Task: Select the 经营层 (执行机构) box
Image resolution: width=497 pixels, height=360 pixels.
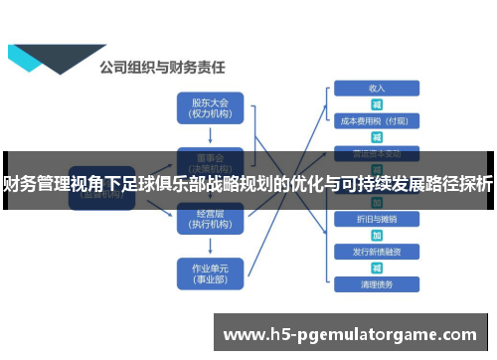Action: tap(209, 220)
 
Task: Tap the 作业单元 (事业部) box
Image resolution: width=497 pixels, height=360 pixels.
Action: tap(209, 271)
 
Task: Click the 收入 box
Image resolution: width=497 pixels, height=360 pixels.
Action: tap(377, 89)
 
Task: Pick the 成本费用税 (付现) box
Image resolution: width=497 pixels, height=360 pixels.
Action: tap(377, 120)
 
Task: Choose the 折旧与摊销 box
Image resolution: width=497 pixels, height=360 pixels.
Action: tap(377, 218)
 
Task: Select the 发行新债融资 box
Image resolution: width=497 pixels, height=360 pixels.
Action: tap(377, 251)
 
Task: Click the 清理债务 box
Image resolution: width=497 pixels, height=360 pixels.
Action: tap(377, 283)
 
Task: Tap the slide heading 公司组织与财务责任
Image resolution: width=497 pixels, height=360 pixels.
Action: tap(161, 68)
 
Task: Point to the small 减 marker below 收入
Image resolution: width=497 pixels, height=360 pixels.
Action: tap(377, 104)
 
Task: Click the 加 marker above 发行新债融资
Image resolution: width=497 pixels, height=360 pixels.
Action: tap(377, 235)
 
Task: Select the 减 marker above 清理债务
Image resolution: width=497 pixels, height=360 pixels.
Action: tap(377, 268)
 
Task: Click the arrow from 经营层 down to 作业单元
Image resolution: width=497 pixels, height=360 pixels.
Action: tap(209, 246)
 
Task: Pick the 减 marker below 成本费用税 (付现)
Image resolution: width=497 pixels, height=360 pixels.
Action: tap(377, 137)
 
